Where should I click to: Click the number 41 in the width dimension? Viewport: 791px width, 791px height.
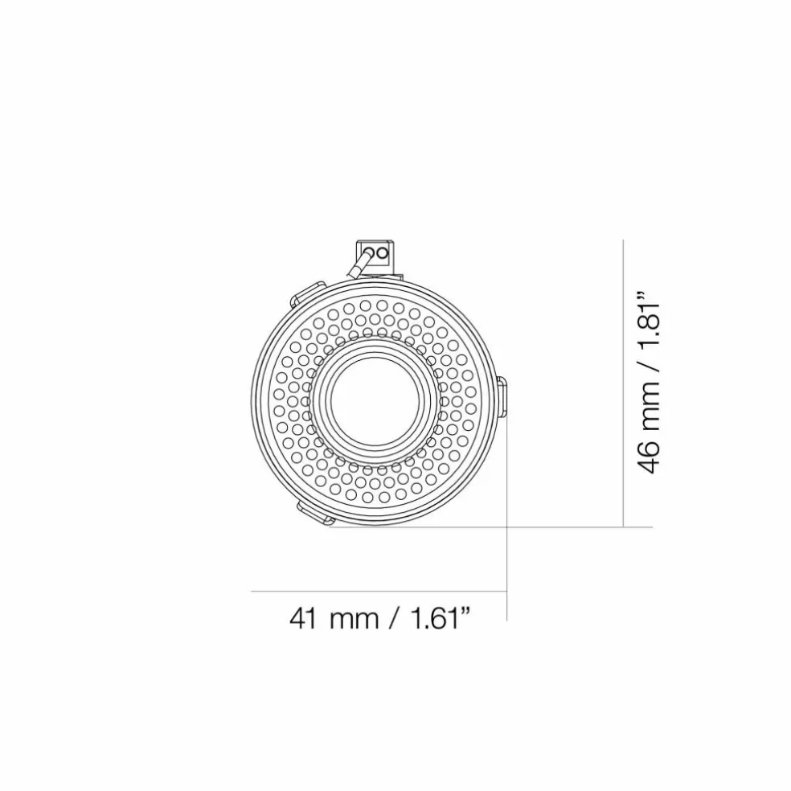click(304, 618)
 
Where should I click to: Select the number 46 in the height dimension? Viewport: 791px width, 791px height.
click(648, 457)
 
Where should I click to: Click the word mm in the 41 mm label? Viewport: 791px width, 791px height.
click(354, 621)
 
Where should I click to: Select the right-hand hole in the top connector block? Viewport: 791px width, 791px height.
click(383, 252)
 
